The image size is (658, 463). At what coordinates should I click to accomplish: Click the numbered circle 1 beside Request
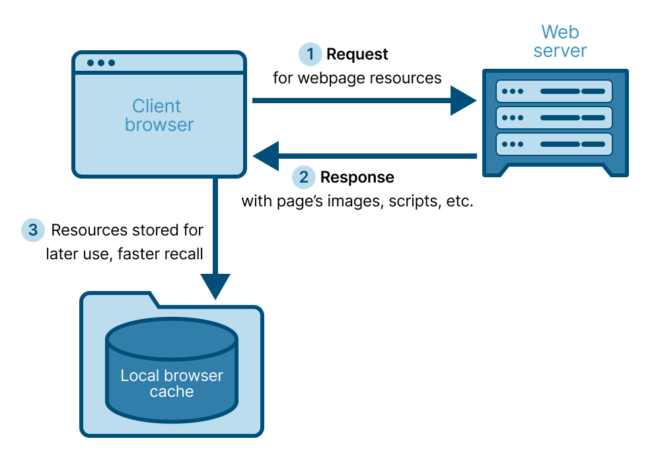[310, 54]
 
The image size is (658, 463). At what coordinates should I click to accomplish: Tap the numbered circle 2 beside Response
[304, 177]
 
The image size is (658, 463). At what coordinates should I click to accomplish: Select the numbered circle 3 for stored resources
[32, 230]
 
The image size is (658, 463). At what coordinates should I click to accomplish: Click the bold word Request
[357, 54]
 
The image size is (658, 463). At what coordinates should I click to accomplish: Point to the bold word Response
[357, 177]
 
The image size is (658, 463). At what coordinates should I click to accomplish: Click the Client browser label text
[159, 115]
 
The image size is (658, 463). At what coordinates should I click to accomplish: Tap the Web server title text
[560, 41]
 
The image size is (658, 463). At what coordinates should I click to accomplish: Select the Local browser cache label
[172, 384]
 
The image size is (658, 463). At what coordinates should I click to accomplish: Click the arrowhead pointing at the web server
[462, 101]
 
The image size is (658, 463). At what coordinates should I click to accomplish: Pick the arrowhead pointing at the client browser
[268, 156]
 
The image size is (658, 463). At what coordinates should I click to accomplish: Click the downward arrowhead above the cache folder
[215, 286]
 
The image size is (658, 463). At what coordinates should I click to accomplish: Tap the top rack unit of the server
[554, 91]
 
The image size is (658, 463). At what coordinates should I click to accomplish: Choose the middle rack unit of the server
[554, 117]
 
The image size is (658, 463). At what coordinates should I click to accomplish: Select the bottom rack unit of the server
[554, 144]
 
